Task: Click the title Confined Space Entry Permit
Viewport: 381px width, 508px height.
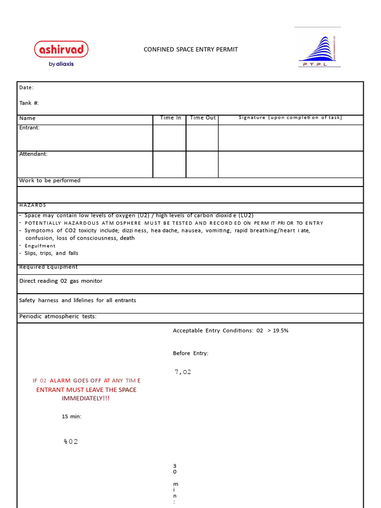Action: (190, 50)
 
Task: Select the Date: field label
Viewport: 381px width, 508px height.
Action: (26, 88)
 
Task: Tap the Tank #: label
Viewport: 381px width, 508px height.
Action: (29, 103)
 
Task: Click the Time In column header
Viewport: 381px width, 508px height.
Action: (170, 118)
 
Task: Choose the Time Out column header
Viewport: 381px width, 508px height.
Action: (203, 118)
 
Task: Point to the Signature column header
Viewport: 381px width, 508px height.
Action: (290, 118)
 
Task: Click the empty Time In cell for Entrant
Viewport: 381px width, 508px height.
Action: (169, 138)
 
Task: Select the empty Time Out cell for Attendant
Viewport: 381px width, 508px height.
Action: (202, 164)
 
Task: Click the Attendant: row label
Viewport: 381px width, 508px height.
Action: (33, 154)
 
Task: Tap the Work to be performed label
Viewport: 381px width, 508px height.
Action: (50, 181)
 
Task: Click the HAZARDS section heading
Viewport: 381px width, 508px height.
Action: (33, 205)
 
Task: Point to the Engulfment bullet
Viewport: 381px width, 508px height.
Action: (40, 246)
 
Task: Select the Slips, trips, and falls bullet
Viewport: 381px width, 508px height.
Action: (51, 253)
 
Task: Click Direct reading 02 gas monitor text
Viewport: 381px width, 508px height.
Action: (61, 281)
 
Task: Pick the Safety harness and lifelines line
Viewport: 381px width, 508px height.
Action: (77, 300)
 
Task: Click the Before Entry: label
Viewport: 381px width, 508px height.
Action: (190, 353)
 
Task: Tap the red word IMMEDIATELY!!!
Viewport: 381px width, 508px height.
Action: (86, 398)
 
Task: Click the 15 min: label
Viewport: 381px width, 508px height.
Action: (71, 417)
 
